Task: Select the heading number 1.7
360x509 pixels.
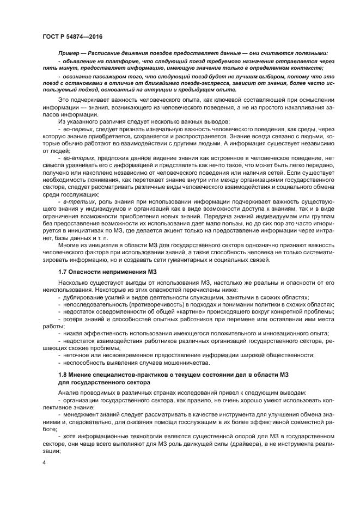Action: pyautogui.click(x=63, y=271)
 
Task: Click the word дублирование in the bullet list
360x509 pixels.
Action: pyautogui.click(x=81, y=297)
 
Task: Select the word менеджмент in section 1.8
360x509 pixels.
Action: pyautogui.click(x=81, y=414)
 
